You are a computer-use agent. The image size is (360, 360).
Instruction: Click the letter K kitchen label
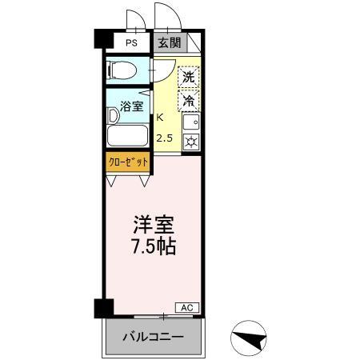tap(160, 117)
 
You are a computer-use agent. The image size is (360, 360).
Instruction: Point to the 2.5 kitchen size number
tap(164, 138)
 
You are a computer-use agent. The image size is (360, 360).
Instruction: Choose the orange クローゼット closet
tap(128, 161)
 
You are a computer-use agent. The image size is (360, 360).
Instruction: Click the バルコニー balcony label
tap(152, 337)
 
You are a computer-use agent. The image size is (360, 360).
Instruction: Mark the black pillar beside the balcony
tap(100, 307)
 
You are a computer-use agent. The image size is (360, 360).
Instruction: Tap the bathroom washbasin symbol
tap(113, 115)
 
